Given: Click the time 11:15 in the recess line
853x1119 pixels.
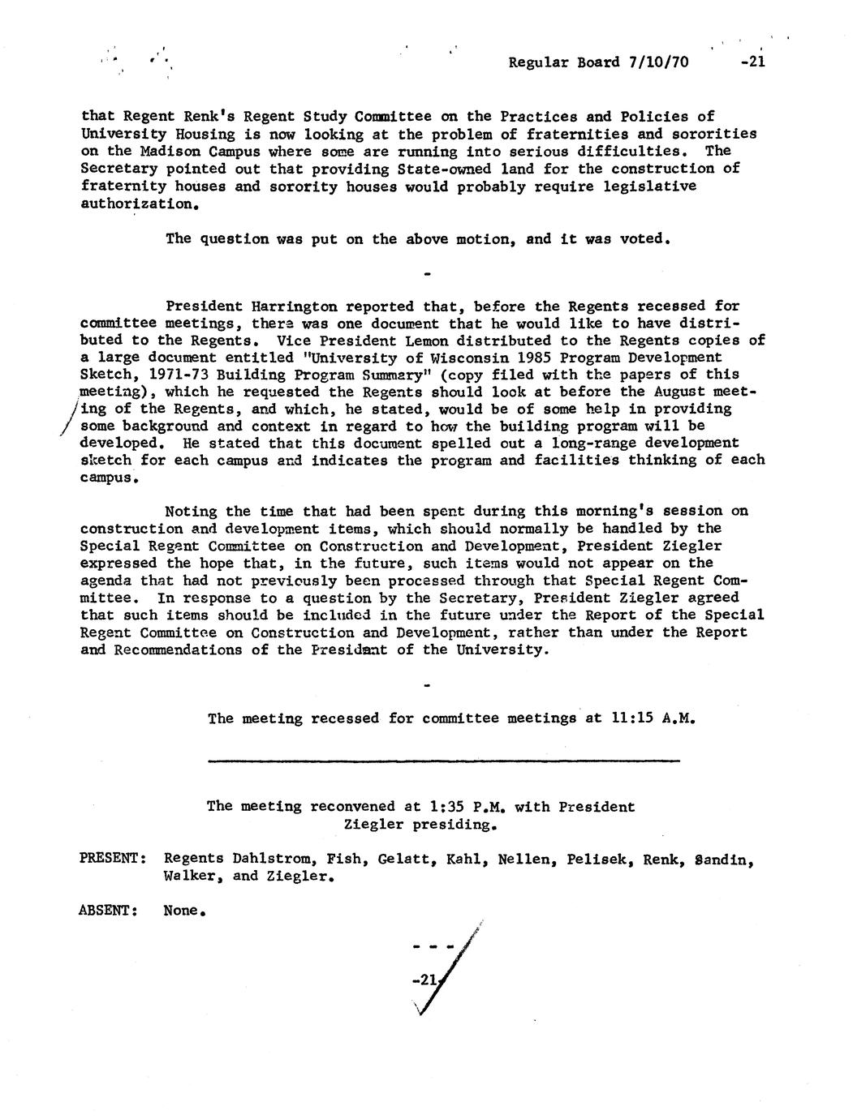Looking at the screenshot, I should click(631, 718).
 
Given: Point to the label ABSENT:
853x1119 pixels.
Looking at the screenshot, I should click(108, 911).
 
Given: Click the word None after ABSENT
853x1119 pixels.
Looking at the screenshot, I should click(182, 911).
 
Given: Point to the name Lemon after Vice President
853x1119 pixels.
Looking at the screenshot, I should click(426, 341).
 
